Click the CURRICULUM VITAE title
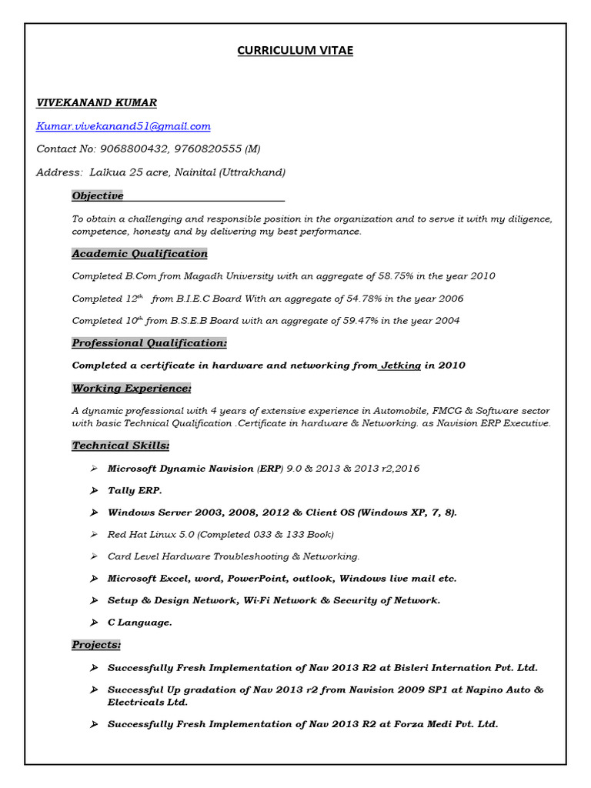coord(295,51)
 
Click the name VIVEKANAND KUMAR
coord(96,102)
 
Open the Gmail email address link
coord(123,126)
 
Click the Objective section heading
coord(98,196)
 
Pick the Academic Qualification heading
coord(139,254)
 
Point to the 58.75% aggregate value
coord(397,276)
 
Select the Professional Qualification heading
coord(149,343)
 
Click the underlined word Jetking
coord(401,366)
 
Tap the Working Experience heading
coord(132,389)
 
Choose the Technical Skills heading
coord(121,446)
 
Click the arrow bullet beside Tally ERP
coord(93,491)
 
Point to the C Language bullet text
coord(140,623)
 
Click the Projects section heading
coord(96,645)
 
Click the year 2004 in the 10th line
coord(445,321)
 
